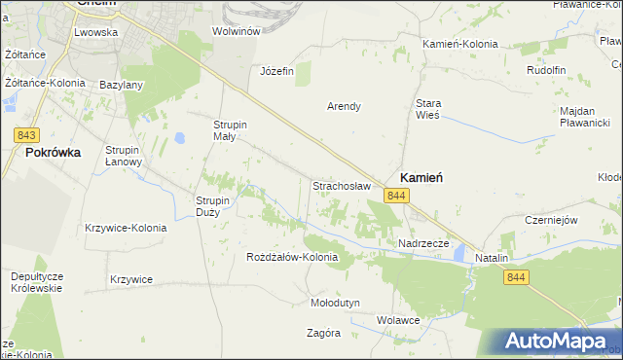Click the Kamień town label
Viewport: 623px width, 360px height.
coord(422,177)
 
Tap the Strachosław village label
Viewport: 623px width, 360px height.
coord(341,185)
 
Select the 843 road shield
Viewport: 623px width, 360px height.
coord(27,134)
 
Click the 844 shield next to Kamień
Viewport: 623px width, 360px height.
coord(395,197)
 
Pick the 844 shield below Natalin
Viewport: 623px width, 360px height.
coord(517,278)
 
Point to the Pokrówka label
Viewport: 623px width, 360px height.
coord(53,153)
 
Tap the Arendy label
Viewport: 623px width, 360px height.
coord(344,106)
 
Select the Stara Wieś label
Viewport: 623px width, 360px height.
coord(428,108)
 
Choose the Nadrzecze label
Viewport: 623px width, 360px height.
coord(422,243)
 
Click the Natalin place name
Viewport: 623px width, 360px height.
coord(493,258)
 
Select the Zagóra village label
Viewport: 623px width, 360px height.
coord(322,333)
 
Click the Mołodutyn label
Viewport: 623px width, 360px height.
coord(335,303)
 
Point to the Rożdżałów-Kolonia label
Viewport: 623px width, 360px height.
coord(292,258)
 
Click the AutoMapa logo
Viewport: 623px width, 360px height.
coord(557,342)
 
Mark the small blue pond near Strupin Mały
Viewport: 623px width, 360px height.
coord(182,138)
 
